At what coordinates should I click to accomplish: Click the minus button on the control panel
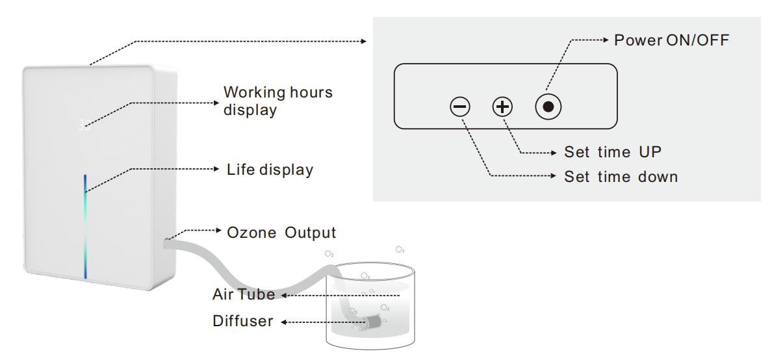[459, 107]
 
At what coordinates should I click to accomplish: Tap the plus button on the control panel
[502, 107]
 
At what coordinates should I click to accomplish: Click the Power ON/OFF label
[672, 40]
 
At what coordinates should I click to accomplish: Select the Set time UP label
[613, 152]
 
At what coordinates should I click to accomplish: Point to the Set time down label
[621, 176]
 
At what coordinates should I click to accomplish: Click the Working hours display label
[277, 101]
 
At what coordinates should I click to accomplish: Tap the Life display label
[269, 170]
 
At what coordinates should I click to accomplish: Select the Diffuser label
[242, 321]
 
